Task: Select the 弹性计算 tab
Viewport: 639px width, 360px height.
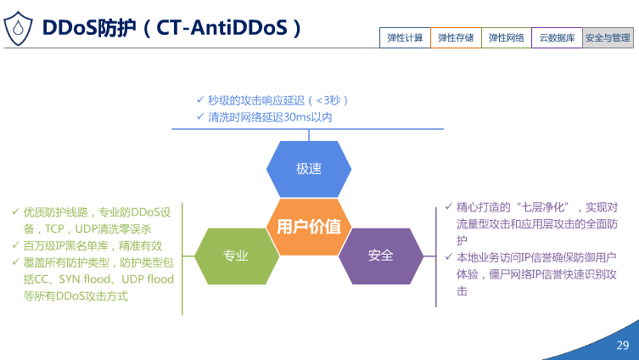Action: [x=405, y=37]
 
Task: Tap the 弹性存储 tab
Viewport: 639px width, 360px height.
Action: [x=456, y=37]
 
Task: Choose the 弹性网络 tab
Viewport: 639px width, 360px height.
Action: [x=507, y=37]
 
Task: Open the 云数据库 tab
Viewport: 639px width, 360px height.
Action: [x=558, y=37]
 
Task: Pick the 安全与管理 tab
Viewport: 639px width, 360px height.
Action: [x=608, y=37]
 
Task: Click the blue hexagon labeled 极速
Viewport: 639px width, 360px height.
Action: [x=309, y=168]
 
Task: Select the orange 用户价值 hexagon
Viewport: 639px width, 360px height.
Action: [x=309, y=227]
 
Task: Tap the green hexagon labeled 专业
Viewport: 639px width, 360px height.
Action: [x=235, y=254]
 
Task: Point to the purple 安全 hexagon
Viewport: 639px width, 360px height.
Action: [x=381, y=254]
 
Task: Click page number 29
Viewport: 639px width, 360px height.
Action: [x=622, y=345]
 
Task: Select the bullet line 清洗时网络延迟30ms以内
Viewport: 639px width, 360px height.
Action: [x=270, y=116]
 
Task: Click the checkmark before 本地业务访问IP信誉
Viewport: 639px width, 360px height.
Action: [x=449, y=257]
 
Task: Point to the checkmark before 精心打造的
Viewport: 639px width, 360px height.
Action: [x=449, y=207]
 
